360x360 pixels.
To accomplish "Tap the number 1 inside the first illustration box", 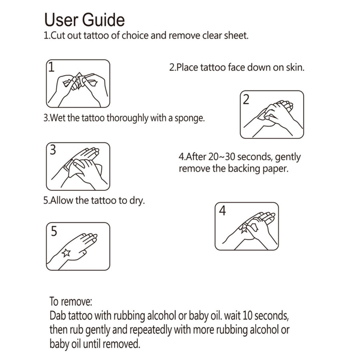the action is tap(51, 67).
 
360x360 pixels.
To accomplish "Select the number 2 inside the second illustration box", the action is tap(246, 99).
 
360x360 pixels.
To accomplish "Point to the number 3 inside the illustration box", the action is tap(53, 150).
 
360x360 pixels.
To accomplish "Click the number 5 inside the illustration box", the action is tap(54, 231).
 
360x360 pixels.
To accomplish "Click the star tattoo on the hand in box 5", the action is tap(66, 253).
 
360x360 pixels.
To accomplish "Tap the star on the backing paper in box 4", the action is tap(243, 229).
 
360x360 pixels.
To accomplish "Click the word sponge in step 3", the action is tap(189, 118).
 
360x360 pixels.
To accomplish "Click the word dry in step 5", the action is tap(137, 201).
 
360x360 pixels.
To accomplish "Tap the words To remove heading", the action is tap(71, 301).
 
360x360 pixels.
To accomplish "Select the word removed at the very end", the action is tap(121, 344).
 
